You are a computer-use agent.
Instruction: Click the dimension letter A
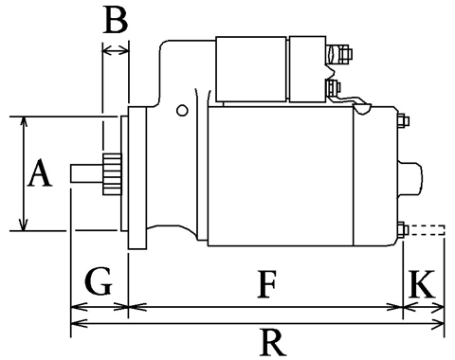40,172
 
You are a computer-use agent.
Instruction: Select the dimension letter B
116,20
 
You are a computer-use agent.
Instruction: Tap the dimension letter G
99,281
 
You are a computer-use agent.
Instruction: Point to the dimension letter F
267,284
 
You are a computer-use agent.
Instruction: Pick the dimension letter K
422,284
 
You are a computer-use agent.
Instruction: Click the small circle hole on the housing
182,110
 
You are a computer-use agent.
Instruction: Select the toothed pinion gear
112,174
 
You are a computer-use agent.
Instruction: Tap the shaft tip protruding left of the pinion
86,173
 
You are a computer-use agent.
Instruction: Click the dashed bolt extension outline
427,230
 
